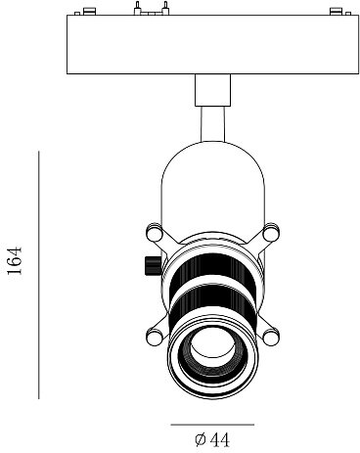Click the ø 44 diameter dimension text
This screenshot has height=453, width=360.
[x=212, y=440]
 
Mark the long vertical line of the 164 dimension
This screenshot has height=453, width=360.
[x=39, y=274]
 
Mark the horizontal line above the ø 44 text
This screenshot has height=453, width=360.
[x=211, y=425]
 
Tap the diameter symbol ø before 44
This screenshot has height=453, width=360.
[x=199, y=440]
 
